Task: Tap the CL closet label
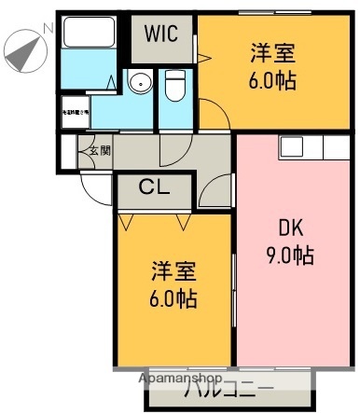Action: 155,187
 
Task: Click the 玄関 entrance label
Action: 99,150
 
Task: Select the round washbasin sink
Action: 140,83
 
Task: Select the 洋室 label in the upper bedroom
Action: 272,53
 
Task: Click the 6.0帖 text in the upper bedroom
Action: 272,81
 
